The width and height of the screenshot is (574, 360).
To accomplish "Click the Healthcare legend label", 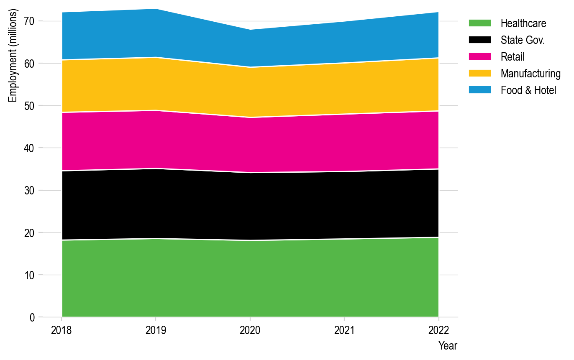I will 523,23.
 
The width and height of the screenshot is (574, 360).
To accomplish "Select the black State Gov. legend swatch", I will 479,40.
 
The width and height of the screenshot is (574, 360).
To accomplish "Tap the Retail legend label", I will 512,57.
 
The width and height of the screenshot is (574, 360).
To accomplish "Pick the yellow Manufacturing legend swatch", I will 479,74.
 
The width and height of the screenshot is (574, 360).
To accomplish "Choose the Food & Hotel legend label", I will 528,90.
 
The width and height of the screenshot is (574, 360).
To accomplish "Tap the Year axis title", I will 448,346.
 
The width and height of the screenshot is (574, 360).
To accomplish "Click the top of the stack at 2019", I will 156,9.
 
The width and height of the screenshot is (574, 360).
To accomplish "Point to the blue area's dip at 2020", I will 250,30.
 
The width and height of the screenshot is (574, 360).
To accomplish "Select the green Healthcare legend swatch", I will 479,23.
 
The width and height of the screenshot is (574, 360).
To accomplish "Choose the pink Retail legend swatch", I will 479,57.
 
